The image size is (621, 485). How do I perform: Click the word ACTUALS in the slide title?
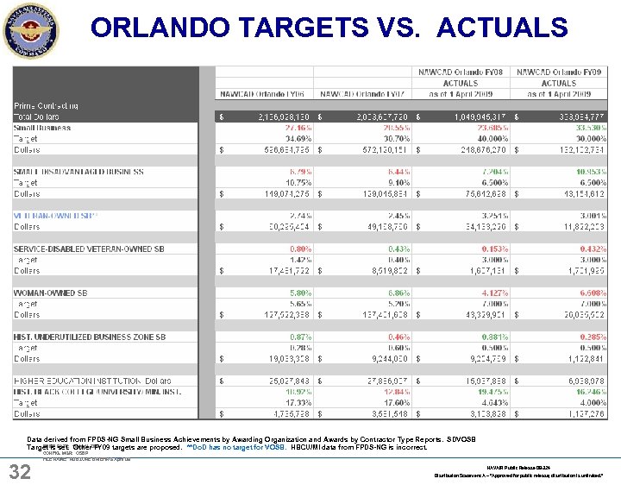(x=502, y=28)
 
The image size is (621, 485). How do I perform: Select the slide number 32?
(x=20, y=470)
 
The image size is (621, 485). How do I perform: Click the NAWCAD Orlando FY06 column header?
(x=263, y=93)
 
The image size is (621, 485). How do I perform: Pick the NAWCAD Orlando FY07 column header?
(x=363, y=93)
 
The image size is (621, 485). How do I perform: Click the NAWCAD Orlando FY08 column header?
(x=461, y=72)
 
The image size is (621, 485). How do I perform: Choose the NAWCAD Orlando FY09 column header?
(x=558, y=72)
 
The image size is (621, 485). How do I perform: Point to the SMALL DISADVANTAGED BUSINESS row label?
(x=78, y=172)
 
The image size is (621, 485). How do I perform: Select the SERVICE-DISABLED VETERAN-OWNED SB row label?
(x=89, y=249)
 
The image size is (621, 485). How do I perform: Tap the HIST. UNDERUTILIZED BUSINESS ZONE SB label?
(x=90, y=337)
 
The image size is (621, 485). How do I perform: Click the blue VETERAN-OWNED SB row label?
(x=56, y=216)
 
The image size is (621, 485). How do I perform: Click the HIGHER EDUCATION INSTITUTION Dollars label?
(x=92, y=381)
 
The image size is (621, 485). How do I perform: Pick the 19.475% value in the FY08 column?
(x=488, y=391)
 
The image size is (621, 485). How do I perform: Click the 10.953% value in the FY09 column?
(x=586, y=172)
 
